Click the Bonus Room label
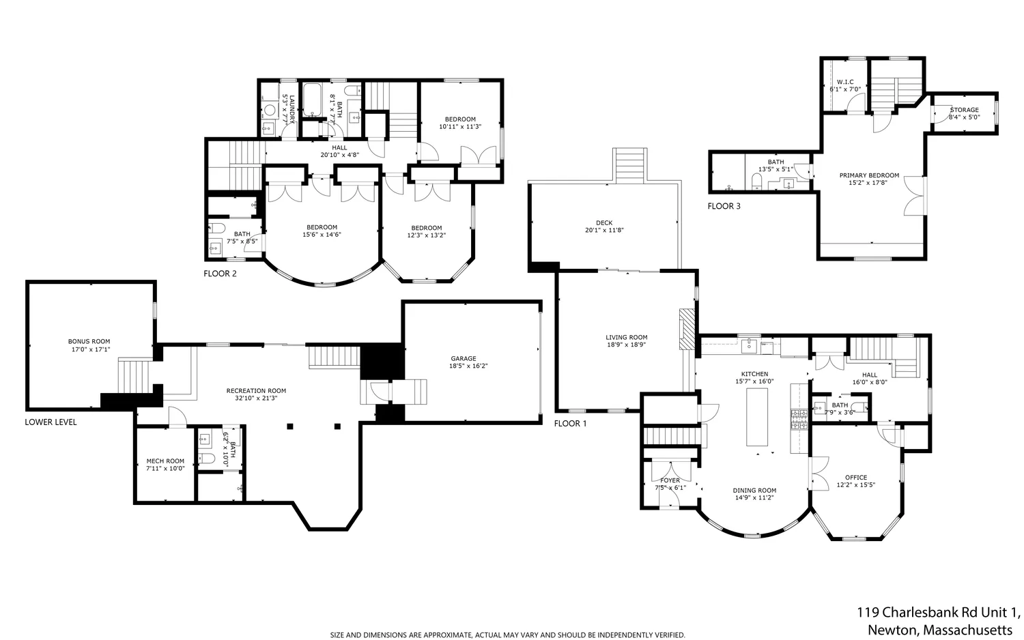pyautogui.click(x=89, y=341)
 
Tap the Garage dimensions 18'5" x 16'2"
pyautogui.click(x=468, y=366)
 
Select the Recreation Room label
pyautogui.click(x=256, y=391)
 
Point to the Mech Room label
pyautogui.click(x=165, y=461)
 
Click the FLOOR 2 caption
pyautogui.click(x=220, y=274)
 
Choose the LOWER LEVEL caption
pyautogui.click(x=51, y=422)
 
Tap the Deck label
pyautogui.click(x=604, y=222)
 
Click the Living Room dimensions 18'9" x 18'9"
pyautogui.click(x=626, y=345)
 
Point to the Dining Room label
pyautogui.click(x=754, y=490)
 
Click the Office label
pyautogui.click(x=855, y=478)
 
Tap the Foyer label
pyautogui.click(x=670, y=480)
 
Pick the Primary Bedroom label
pyautogui.click(x=869, y=175)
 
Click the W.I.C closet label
pyautogui.click(x=845, y=82)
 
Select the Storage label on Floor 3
pyautogui.click(x=964, y=110)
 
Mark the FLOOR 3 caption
pyautogui.click(x=724, y=206)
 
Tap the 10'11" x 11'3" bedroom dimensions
pyautogui.click(x=460, y=126)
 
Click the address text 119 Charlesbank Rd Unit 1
pyautogui.click(x=938, y=612)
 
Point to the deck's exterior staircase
pyautogui.click(x=629, y=164)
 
